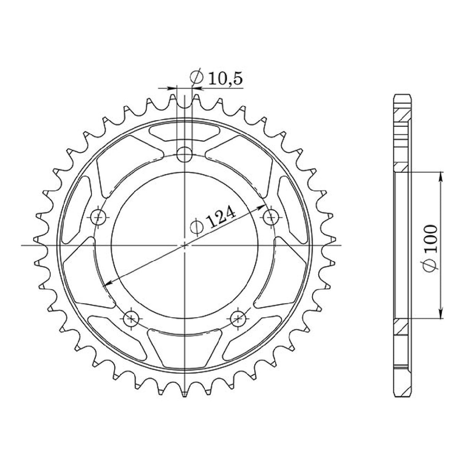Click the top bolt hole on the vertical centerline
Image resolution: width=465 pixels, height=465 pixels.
(x=185, y=154)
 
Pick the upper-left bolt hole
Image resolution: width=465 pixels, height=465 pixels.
(x=99, y=218)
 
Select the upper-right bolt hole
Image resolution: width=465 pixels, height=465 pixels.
(x=270, y=218)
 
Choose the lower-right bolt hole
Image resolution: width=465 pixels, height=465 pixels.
(x=238, y=317)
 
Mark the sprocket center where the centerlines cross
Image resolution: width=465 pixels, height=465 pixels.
(x=185, y=245)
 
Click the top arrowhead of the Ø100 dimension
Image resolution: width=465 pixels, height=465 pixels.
(x=441, y=176)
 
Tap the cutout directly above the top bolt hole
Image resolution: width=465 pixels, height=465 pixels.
(x=185, y=132)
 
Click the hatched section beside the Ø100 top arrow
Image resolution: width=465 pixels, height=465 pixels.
(x=402, y=167)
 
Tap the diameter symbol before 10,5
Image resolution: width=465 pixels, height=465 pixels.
(x=196, y=78)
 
